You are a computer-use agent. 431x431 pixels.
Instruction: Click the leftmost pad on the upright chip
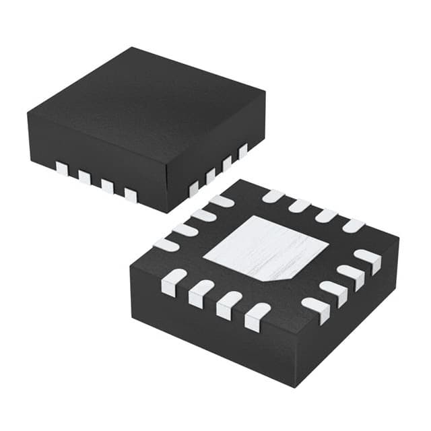(x=62, y=168)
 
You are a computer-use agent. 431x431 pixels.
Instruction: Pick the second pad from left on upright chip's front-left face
(x=85, y=177)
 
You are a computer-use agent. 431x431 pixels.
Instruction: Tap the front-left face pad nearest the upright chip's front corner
(x=131, y=195)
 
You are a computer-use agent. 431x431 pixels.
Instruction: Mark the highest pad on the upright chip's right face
(x=243, y=151)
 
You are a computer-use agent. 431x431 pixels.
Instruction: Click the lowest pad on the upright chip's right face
(x=194, y=189)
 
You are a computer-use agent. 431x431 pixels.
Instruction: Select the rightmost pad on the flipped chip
(x=368, y=259)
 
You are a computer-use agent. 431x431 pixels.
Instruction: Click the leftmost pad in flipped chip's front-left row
(x=174, y=281)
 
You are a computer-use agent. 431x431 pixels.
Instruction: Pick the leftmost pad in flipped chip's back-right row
(x=273, y=196)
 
